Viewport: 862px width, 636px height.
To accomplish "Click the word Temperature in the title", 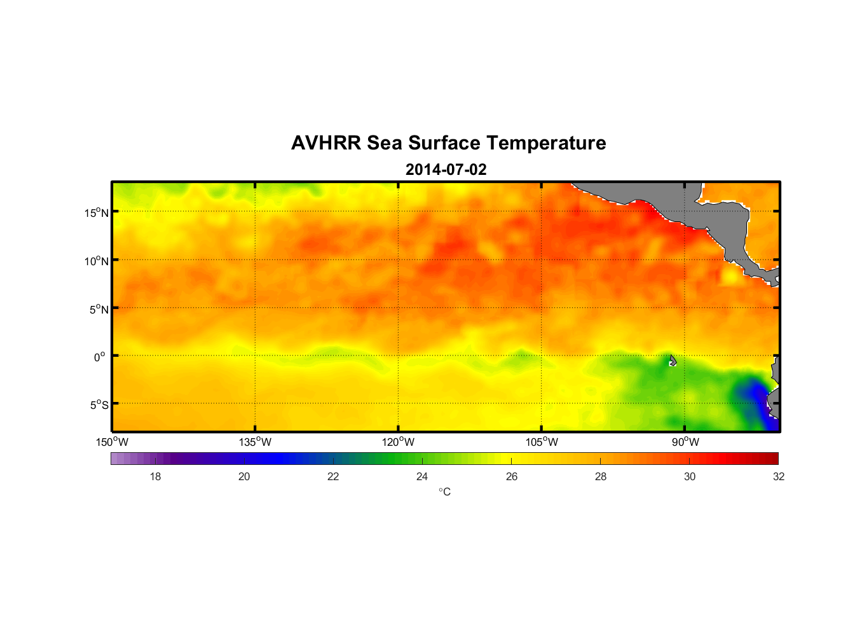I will pos(546,143).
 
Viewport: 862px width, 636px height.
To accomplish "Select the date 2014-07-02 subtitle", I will pos(446,170).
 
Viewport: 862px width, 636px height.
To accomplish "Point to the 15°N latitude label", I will pos(97,212).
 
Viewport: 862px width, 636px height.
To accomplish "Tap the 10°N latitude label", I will pos(97,261).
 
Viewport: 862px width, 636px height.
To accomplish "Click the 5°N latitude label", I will pos(99,309).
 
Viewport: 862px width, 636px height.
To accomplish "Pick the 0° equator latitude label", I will pos(100,357).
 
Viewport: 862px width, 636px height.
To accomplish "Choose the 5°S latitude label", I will pos(99,405).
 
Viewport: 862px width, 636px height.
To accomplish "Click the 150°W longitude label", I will pos(113,442).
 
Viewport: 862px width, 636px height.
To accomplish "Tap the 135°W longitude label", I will pos(256,442).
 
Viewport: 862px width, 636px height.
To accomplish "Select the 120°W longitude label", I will pos(399,442).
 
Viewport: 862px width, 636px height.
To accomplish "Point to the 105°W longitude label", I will pos(542,442).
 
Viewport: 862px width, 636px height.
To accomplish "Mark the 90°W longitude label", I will pos(685,442).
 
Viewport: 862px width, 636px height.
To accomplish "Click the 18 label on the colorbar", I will pos(155,476).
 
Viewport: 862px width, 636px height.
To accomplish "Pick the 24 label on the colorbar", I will pos(422,476).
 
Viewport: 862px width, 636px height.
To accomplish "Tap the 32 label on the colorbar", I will pos(779,476).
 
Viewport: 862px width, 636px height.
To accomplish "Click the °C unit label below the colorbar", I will pos(444,492).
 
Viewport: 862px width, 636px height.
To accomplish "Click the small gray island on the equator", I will pos(673,361).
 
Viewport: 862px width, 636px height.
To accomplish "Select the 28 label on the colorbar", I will pos(601,476).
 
